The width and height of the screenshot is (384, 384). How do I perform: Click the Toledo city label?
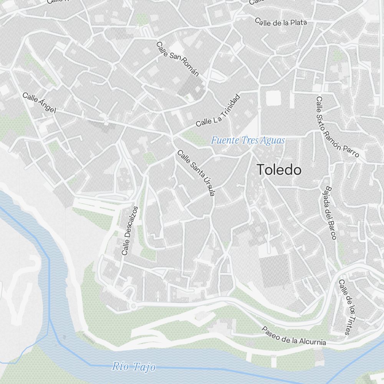279,170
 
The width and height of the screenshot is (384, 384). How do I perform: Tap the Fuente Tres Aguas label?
248,141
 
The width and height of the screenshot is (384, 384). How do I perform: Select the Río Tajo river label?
134,367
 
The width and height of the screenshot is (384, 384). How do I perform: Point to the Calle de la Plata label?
281,22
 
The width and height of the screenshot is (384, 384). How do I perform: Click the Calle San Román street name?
177,59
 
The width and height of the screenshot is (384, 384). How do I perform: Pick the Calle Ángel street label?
39,103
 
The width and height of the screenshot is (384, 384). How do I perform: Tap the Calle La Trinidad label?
218,111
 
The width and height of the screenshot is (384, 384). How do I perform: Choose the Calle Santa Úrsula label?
196,173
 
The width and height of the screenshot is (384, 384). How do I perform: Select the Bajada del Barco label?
330,213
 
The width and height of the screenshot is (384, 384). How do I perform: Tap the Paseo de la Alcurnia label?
294,336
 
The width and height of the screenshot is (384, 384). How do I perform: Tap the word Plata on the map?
298,23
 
